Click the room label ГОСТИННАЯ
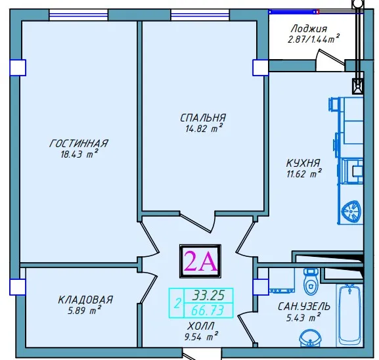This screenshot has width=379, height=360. pyautogui.click(x=79, y=143)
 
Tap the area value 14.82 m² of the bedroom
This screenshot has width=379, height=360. pyautogui.click(x=204, y=128)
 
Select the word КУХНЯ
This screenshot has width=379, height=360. pyautogui.click(x=303, y=163)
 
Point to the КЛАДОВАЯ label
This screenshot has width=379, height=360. pyautogui.click(x=85, y=300)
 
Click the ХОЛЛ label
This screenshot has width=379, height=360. pyautogui.click(x=201, y=326)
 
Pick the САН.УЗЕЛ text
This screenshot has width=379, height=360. pyautogui.click(x=304, y=307)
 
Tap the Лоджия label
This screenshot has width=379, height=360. pyautogui.click(x=309, y=29)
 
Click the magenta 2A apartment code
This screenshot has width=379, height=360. pyautogui.click(x=200, y=261)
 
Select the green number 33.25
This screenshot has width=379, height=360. pyautogui.click(x=208, y=295)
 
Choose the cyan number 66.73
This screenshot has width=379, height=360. pyautogui.click(x=208, y=311)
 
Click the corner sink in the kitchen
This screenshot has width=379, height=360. pyautogui.click(x=352, y=210)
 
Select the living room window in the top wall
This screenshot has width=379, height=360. pyautogui.click(x=79, y=15)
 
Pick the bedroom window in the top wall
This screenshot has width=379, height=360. pyautogui.click(x=200, y=15)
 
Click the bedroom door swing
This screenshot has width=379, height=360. pyautogui.click(x=198, y=222)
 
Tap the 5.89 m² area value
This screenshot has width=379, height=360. pyautogui.click(x=84, y=311)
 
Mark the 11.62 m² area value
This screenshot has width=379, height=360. pyautogui.click(x=304, y=173)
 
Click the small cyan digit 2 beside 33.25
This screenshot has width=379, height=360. pyautogui.click(x=177, y=304)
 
